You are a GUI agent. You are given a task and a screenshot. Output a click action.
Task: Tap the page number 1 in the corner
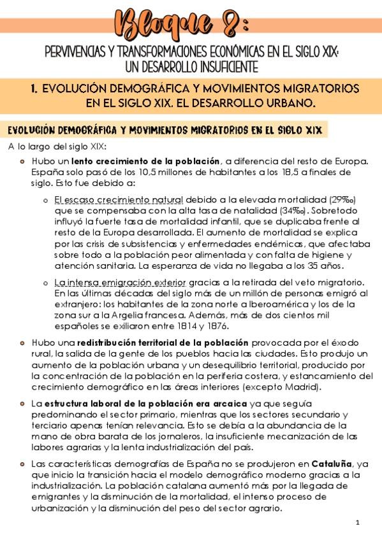pyautogui.click(x=358, y=523)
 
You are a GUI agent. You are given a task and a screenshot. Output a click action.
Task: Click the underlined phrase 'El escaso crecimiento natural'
pyautogui.click(x=119, y=199)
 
